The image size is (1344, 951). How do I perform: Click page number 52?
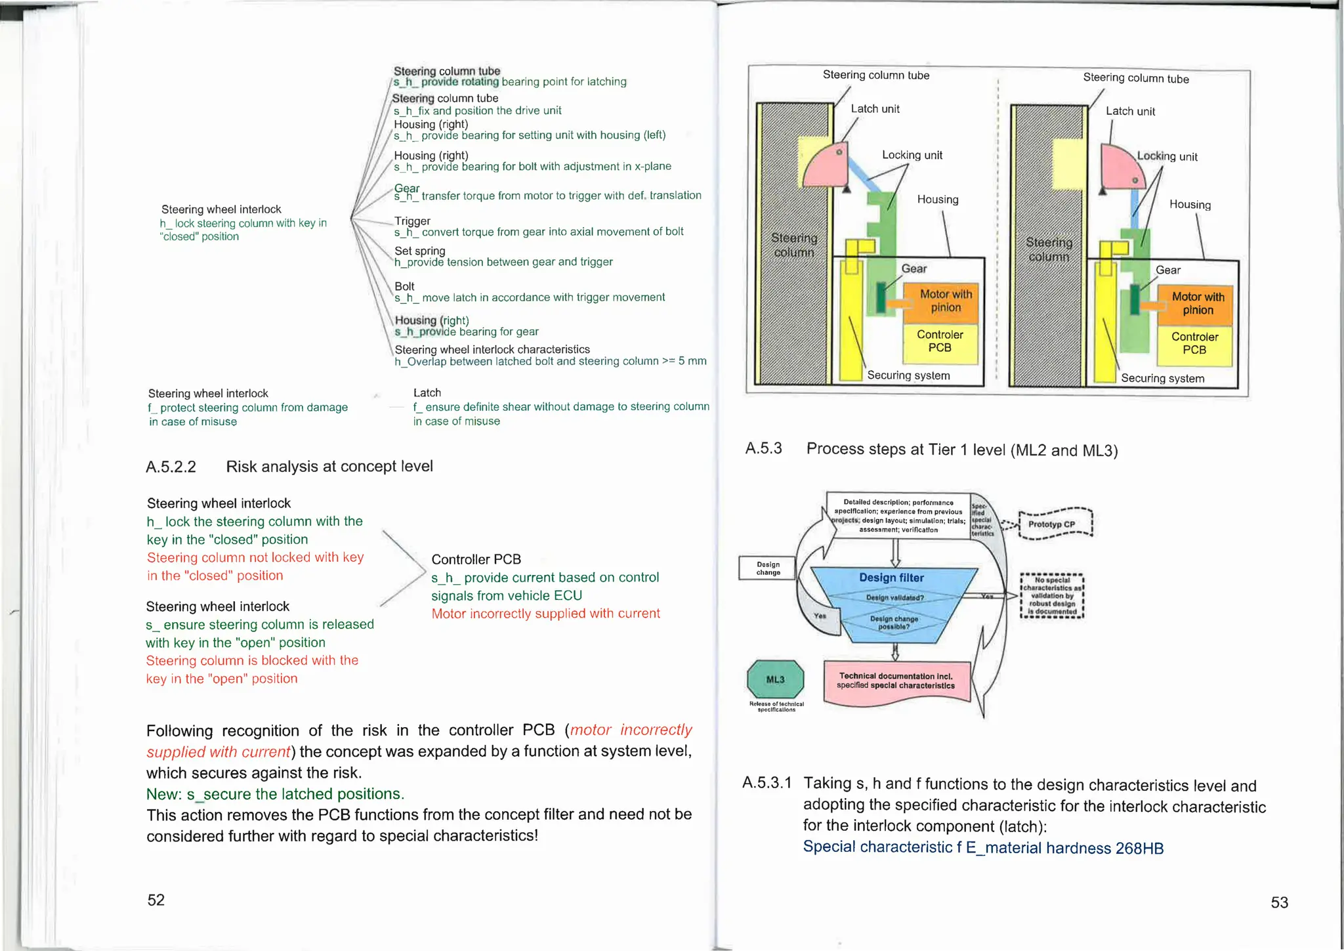156,900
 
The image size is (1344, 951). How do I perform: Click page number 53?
1279,902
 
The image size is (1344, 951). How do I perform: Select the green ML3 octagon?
776,679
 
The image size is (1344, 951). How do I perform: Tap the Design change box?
768,568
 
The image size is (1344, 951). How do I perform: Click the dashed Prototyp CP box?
1055,524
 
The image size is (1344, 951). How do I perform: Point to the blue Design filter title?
891,578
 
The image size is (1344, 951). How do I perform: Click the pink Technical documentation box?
896,681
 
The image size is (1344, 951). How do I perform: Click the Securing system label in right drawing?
1162,379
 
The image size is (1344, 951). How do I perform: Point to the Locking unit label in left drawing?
912,155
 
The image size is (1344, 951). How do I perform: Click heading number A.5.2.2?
171,467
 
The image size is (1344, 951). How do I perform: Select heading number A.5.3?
763,449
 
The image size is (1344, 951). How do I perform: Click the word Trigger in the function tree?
412,221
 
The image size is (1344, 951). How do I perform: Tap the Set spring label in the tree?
420,251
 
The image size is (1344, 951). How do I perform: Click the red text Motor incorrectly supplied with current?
545,614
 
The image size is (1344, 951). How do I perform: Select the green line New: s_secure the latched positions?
275,794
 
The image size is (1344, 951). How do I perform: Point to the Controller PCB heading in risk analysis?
476,559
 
